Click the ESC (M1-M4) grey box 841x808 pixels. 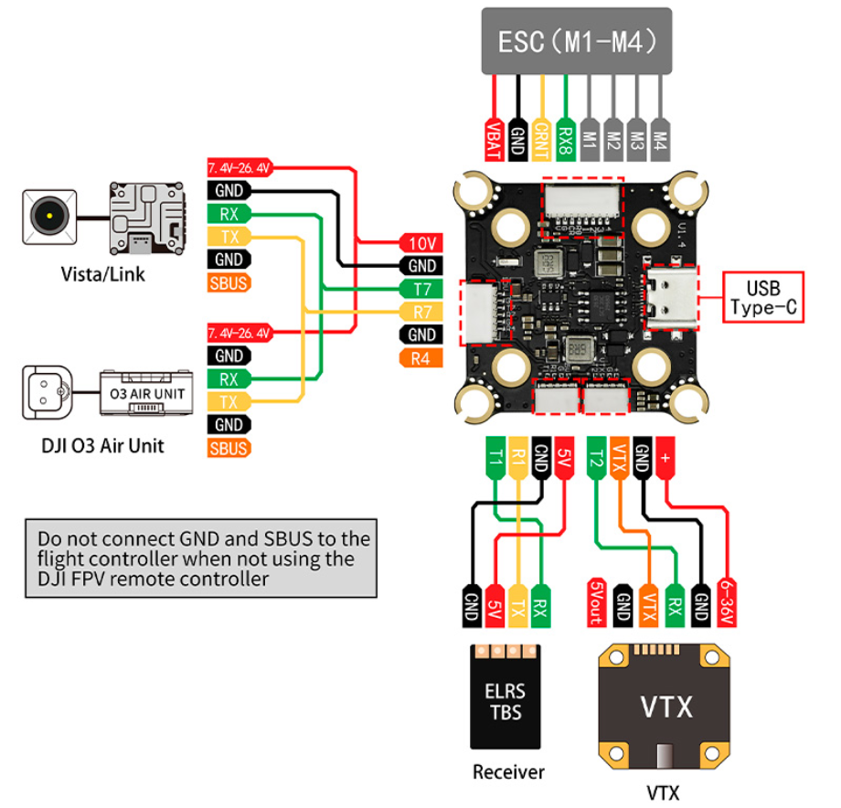pyautogui.click(x=576, y=42)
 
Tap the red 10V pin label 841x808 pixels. pyautogui.click(x=421, y=243)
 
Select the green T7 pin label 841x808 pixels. pyautogui.click(x=421, y=289)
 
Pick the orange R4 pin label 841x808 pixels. pyautogui.click(x=420, y=357)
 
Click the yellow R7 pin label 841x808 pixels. pyautogui.click(x=421, y=312)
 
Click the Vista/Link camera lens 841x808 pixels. pyautogui.click(x=48, y=216)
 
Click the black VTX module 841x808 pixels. pyautogui.click(x=665, y=705)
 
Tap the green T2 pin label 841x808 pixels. pyautogui.click(x=597, y=457)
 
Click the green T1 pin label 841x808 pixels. pyautogui.click(x=495, y=457)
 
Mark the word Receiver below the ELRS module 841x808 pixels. pyautogui.click(x=508, y=772)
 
